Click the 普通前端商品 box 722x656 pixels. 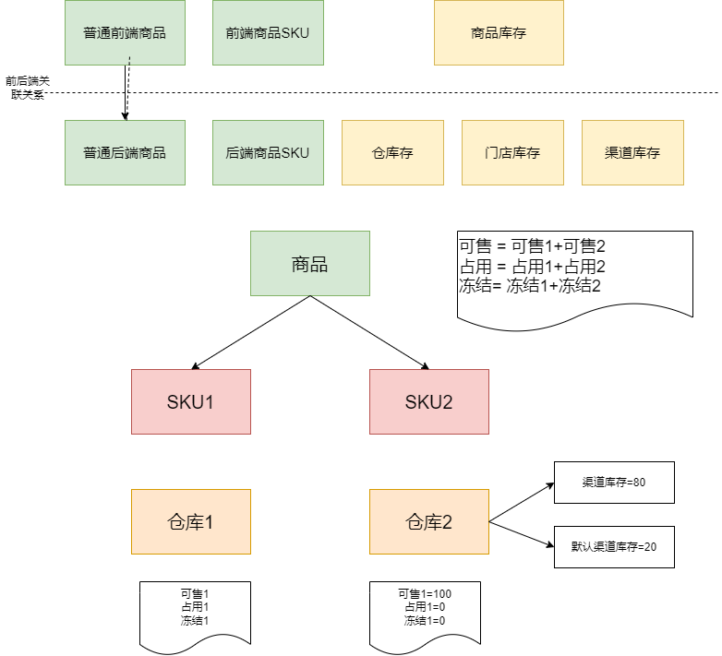click(125, 32)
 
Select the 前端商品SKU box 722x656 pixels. click(268, 32)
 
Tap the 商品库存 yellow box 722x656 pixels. click(499, 32)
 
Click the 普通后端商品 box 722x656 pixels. click(125, 152)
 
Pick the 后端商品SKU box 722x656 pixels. click(268, 152)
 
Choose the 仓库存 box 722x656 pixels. click(392, 152)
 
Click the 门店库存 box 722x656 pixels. click(512, 152)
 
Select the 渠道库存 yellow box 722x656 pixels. click(632, 152)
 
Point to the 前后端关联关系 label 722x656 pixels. click(27, 88)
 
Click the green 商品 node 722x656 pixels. click(309, 264)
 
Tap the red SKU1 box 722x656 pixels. click(191, 401)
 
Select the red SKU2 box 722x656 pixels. click(429, 401)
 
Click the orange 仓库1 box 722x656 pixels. click(191, 521)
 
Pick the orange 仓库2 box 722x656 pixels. click(429, 521)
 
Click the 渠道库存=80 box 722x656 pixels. click(614, 482)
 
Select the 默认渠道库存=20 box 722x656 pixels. click(614, 546)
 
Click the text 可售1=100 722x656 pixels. click(425, 593)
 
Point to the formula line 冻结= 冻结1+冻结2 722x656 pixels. click(530, 285)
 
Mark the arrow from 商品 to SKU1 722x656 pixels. click(251, 333)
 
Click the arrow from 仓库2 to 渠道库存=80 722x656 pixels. click(522, 503)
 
